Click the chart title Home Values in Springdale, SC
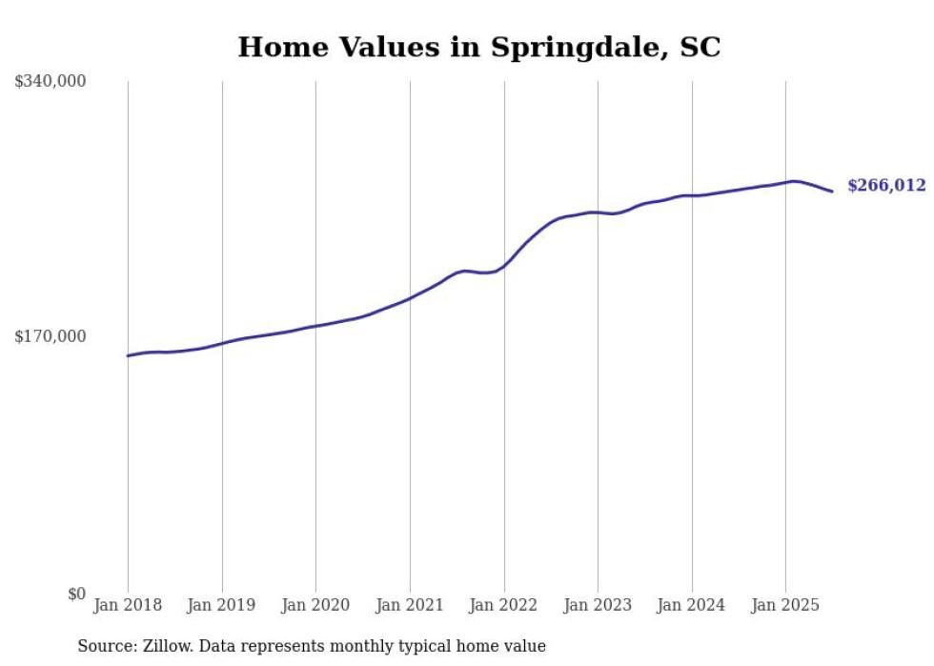pos(478,47)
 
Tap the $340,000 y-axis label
pos(51,82)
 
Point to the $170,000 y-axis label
pos(51,336)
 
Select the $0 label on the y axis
pos(76,594)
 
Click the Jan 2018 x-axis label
pos(128,605)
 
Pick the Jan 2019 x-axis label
pos(222,605)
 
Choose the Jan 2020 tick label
pos(315,605)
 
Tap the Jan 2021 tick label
pos(410,605)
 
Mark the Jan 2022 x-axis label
pos(504,605)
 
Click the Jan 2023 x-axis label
pos(598,605)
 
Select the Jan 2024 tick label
pos(692,605)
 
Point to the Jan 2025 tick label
pos(785,605)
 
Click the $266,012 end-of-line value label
pos(886,186)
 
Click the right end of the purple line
pos(832,192)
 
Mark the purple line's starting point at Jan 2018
pos(128,355)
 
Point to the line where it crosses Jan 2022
pos(504,266)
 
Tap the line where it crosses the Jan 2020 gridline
pos(315,326)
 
